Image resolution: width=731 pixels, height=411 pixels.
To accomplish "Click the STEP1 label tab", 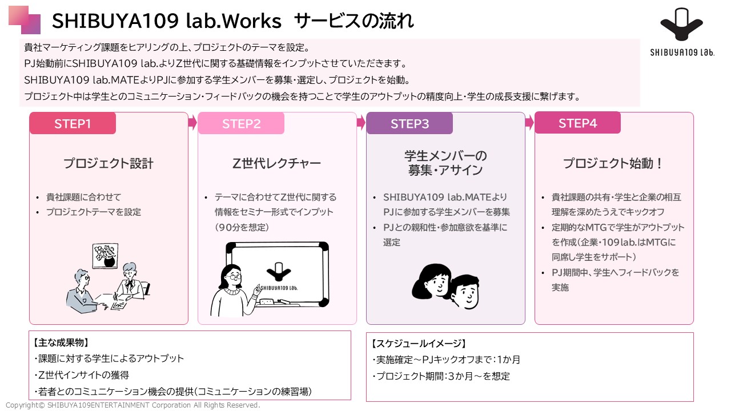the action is [x=73, y=123].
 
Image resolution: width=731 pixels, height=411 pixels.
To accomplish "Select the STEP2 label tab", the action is [x=241, y=123].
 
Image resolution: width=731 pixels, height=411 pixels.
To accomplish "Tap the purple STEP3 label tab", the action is [x=409, y=123].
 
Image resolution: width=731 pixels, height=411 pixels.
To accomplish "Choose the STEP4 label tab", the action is [x=577, y=123].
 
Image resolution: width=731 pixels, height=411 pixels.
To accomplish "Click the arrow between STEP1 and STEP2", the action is [x=193, y=123].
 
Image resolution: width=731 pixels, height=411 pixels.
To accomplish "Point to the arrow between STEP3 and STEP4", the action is [x=529, y=123].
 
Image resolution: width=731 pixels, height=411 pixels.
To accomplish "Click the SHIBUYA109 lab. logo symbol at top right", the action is [x=681, y=25].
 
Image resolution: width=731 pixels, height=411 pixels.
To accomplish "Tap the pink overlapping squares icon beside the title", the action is [x=25, y=20].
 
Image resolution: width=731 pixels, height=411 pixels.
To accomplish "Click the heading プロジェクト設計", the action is [x=109, y=163].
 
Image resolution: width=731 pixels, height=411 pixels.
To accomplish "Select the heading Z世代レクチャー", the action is [x=276, y=163].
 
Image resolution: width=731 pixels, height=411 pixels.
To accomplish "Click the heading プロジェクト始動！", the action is [x=613, y=163].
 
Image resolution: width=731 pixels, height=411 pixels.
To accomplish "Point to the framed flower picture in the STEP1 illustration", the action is [x=105, y=256].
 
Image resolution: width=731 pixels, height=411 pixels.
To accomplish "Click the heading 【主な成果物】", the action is [x=61, y=342].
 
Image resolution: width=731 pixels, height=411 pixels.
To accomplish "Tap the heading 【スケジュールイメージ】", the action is [x=419, y=344].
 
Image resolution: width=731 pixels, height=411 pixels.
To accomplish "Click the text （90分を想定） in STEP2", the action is [x=242, y=227].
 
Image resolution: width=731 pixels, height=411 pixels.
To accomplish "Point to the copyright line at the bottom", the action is [x=133, y=405].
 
